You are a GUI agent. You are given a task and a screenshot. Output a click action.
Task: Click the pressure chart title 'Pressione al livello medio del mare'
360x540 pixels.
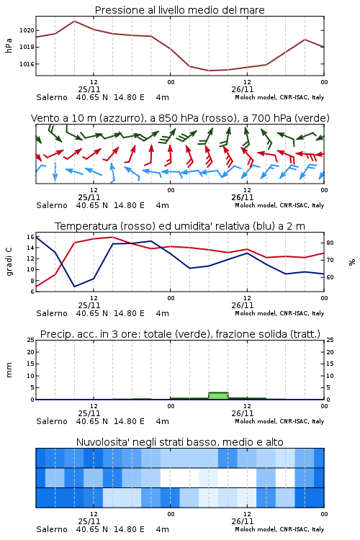click(179, 10)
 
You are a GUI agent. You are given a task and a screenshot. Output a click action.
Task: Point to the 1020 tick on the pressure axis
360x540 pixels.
click(27, 30)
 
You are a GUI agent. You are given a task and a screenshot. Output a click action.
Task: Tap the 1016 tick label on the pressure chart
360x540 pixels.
click(27, 64)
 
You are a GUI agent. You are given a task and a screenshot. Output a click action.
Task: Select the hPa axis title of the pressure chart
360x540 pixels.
click(9, 45)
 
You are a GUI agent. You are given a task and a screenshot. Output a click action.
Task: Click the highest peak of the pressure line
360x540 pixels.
click(74, 21)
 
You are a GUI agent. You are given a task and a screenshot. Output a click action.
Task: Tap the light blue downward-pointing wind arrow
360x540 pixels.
click(55, 171)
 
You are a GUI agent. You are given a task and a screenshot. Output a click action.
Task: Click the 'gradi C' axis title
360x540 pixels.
click(9, 262)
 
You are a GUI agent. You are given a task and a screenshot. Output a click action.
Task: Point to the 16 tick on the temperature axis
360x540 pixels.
click(30, 237)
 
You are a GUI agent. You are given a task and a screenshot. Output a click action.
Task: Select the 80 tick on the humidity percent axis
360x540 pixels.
click(330, 243)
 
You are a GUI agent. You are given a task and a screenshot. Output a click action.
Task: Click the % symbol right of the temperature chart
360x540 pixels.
click(352, 262)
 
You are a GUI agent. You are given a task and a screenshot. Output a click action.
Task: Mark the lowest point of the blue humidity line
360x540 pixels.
click(74, 287)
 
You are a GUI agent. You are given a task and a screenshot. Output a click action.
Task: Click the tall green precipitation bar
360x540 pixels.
click(218, 396)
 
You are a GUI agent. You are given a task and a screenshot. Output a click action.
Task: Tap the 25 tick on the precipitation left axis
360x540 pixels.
click(31, 340)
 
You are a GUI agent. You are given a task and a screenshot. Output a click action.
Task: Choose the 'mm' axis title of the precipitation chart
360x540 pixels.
click(9, 370)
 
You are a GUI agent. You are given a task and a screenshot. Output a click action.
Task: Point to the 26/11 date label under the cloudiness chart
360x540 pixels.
click(243, 521)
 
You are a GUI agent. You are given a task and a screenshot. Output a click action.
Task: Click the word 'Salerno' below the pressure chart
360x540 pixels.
click(52, 97)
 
